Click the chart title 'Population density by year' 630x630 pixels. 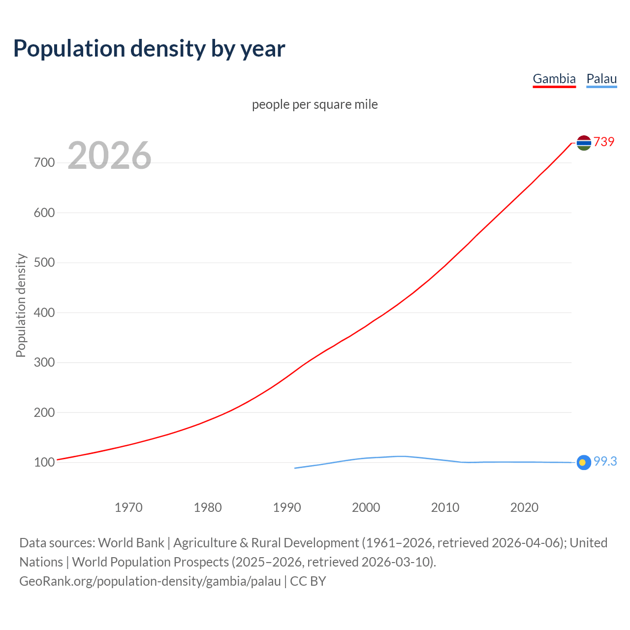coord(149,49)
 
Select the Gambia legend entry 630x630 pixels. coord(554,79)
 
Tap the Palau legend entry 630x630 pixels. coord(601,79)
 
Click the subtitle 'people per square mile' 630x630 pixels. coord(315,105)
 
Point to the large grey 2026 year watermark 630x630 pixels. coord(109,156)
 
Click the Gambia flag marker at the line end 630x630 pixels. coord(584,143)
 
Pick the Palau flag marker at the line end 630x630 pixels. coord(583,463)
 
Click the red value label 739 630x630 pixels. coord(604,142)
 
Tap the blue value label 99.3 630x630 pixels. coord(605,462)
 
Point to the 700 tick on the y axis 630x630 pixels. coord(44,162)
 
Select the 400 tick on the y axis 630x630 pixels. coord(44,313)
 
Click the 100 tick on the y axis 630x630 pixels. coord(44,462)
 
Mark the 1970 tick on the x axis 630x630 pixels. coord(128,507)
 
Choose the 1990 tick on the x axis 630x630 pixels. coord(287,507)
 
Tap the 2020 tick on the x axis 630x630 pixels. coord(524,507)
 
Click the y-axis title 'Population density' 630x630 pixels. coord(21,305)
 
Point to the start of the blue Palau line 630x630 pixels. coord(295,468)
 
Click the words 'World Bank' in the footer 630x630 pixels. coord(131,543)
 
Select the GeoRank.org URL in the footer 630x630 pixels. coord(150,581)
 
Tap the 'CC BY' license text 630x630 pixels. coord(308,581)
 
